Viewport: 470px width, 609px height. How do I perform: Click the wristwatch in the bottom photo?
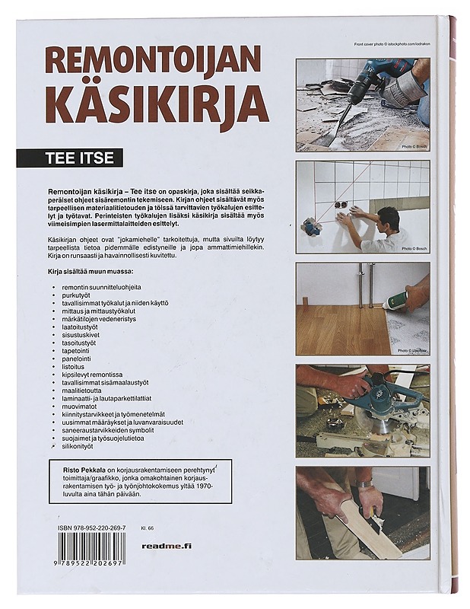click(364, 483)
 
